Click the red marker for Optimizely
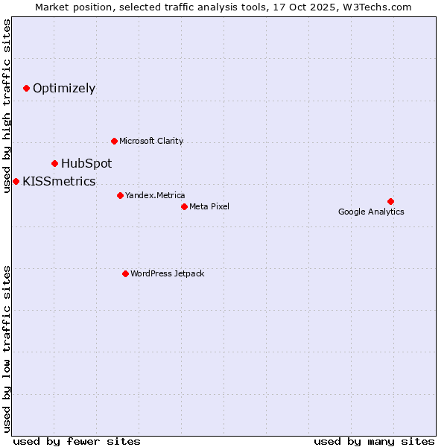[27, 88]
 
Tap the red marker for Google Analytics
[390, 201]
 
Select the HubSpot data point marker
[55, 163]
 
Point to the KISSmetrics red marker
[16, 181]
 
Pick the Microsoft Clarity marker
[114, 141]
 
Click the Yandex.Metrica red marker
[120, 195]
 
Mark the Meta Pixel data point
[184, 206]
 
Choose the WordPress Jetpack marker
[125, 273]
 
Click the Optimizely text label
[64, 88]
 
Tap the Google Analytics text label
[371, 212]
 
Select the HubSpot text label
[86, 163]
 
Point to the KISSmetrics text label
[59, 181]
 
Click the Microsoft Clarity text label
[151, 141]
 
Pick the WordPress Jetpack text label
[167, 273]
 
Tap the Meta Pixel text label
[209, 206]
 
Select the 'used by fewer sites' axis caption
[77, 441]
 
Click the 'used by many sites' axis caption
[374, 441]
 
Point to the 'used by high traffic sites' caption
[7, 106]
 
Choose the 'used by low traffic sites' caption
[7, 348]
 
